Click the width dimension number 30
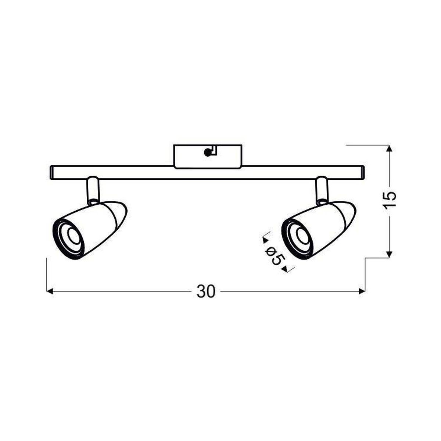pyautogui.click(x=206, y=291)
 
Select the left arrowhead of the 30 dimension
pyautogui.click(x=50, y=291)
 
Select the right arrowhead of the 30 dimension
pyautogui.click(x=362, y=291)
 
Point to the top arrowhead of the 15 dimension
pyautogui.click(x=389, y=148)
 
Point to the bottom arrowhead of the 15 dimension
pyautogui.click(x=389, y=254)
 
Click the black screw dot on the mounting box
pyautogui.click(x=208, y=153)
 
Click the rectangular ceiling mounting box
pyautogui.click(x=208, y=157)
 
